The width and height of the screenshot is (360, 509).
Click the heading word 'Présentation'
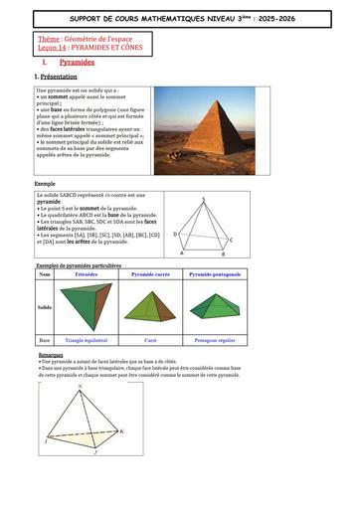click(59, 76)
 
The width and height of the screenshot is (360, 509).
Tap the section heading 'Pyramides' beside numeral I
click(77, 62)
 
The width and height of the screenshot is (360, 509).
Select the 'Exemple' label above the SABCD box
click(45, 185)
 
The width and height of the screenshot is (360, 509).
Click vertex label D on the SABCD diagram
click(175, 234)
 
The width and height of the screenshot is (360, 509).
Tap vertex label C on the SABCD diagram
click(231, 240)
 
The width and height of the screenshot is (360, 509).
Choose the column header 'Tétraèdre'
click(87, 273)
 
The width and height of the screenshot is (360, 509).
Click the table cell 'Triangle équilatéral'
click(87, 341)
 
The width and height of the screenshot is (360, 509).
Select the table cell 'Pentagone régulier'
click(214, 341)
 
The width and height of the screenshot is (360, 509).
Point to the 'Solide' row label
click(46, 306)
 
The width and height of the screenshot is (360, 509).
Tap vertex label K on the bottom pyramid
click(122, 430)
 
